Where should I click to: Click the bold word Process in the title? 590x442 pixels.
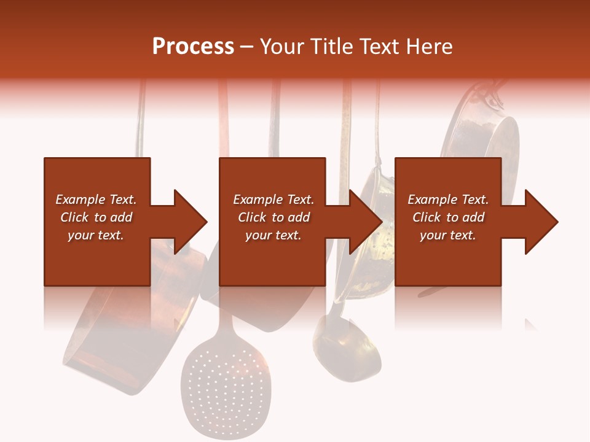(193, 47)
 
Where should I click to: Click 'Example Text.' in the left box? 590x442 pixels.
(96, 200)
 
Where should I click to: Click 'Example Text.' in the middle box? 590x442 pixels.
(273, 200)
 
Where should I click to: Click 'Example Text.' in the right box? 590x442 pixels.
(448, 200)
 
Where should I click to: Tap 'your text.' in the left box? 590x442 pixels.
(96, 235)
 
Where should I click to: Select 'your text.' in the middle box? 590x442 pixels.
(273, 235)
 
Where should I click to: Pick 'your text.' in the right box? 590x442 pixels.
(448, 235)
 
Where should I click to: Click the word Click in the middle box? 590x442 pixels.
(253, 217)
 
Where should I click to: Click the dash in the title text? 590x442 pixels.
(246, 47)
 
